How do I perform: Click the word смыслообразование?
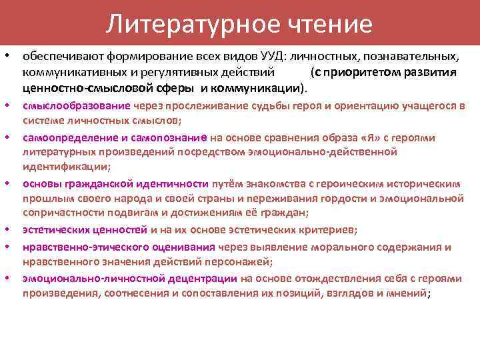click(x=76, y=105)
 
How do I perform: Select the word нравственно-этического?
click(x=78, y=247)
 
